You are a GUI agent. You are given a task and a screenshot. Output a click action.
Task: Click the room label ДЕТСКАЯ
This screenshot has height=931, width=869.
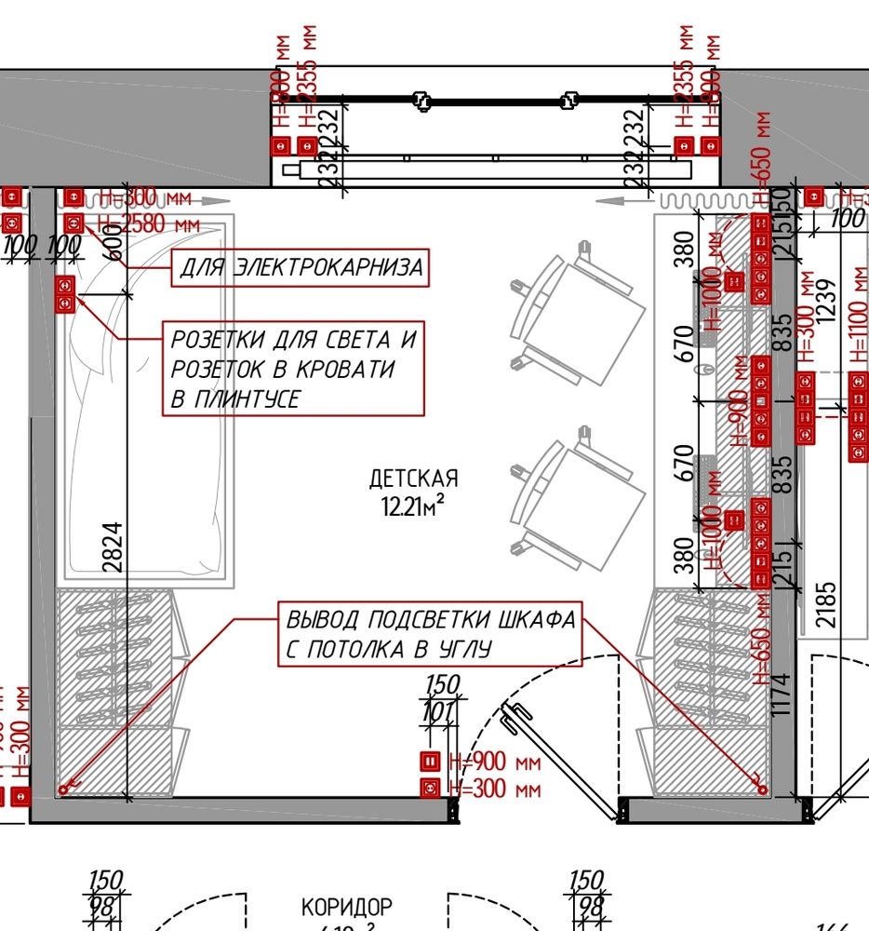point(414,479)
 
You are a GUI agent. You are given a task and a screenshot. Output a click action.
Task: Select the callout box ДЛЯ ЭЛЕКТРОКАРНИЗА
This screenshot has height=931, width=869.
point(301,268)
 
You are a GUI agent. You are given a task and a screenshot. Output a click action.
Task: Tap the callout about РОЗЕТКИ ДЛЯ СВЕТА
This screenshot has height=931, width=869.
point(293,369)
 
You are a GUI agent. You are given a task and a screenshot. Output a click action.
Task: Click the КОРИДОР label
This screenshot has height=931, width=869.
point(347,906)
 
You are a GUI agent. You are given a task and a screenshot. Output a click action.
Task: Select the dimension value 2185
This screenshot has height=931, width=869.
point(827,605)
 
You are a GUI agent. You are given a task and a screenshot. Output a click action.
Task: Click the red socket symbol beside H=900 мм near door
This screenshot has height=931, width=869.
point(430,762)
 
